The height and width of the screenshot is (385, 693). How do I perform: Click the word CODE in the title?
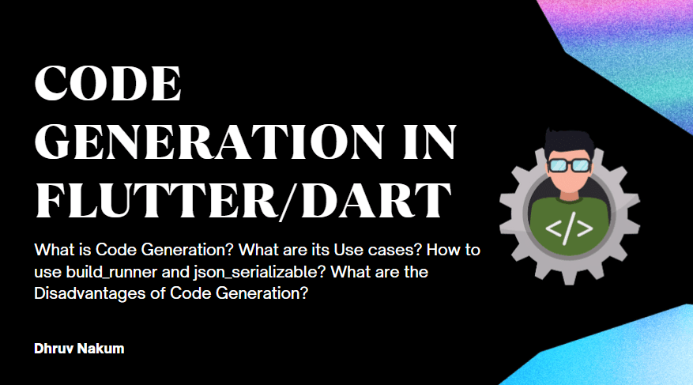click(108, 84)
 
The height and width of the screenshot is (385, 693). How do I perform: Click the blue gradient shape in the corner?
click(632, 348)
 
